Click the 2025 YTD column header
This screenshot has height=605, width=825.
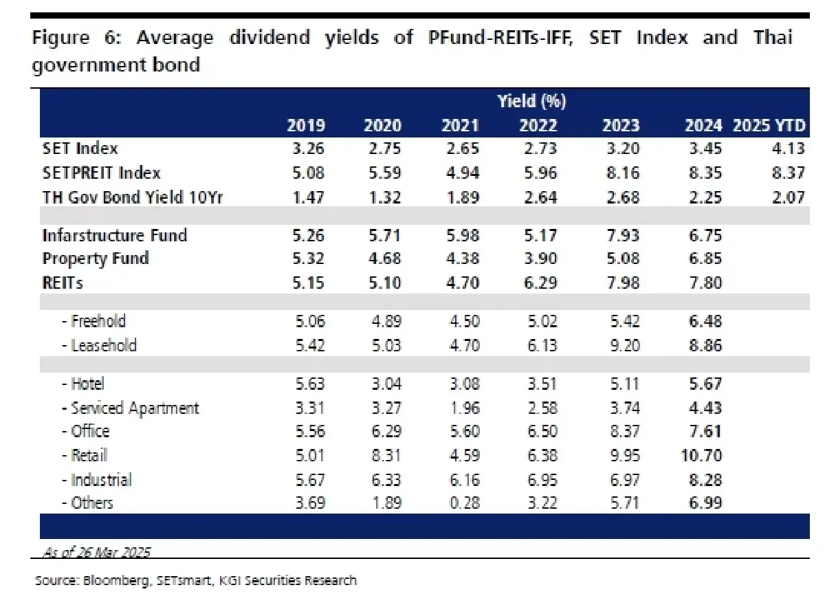pyautogui.click(x=769, y=125)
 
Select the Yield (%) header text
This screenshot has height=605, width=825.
pyautogui.click(x=531, y=102)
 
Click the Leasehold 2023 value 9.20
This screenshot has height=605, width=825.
pyautogui.click(x=622, y=345)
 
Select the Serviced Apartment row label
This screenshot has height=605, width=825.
pyautogui.click(x=135, y=408)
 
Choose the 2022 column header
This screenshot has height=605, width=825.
pyautogui.click(x=538, y=125)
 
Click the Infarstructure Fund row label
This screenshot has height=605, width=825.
pyautogui.click(x=115, y=235)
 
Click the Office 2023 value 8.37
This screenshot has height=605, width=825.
pyautogui.click(x=622, y=432)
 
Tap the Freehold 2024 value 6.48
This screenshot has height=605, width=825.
pyautogui.click(x=703, y=321)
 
